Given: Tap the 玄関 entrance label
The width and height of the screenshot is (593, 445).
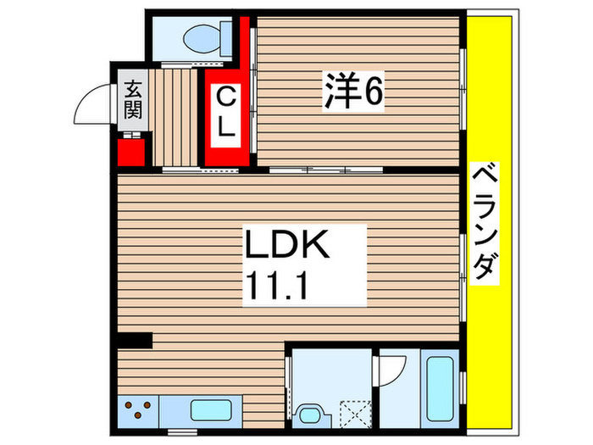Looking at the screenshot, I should (133, 98).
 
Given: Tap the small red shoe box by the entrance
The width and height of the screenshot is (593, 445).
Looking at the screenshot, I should (132, 152).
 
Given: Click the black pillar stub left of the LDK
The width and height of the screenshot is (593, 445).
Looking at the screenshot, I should (135, 341).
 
